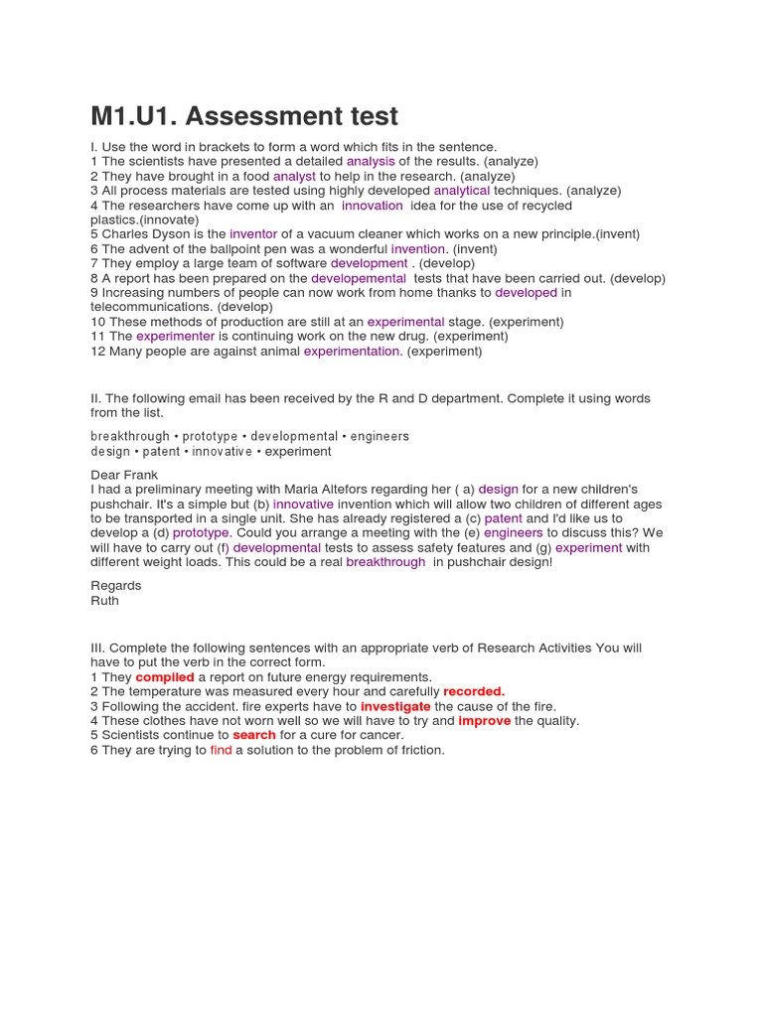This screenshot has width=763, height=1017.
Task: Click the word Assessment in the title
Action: click(x=258, y=116)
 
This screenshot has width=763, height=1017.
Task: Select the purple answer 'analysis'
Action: click(x=371, y=161)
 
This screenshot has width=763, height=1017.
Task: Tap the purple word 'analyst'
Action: click(x=294, y=176)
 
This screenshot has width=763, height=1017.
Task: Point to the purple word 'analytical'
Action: click(x=462, y=191)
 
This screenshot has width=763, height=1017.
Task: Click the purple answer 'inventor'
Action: click(x=253, y=234)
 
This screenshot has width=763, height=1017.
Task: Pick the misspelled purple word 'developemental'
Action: click(x=359, y=278)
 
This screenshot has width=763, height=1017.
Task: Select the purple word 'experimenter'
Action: click(x=176, y=337)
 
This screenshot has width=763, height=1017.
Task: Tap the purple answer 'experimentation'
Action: click(x=352, y=352)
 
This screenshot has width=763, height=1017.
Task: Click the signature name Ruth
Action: click(x=104, y=600)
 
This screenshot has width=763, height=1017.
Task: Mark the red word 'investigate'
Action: click(x=395, y=706)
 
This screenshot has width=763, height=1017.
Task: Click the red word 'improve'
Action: click(x=485, y=721)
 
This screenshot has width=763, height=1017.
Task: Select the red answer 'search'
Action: click(x=254, y=735)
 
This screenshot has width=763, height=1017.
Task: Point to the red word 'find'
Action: click(x=221, y=750)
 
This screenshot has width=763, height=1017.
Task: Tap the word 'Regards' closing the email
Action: click(x=116, y=585)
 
